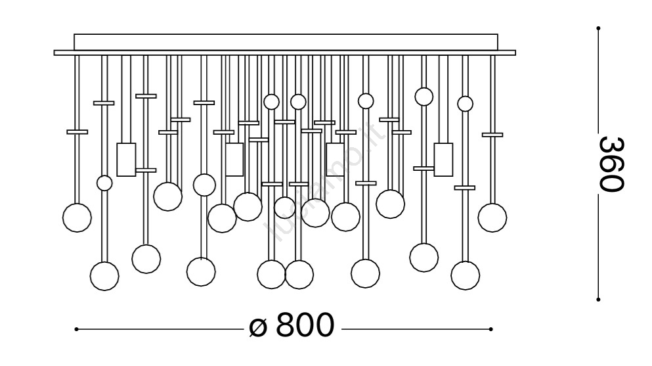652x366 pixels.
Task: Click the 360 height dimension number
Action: (x=610, y=164)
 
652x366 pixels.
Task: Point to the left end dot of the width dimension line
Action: (x=77, y=329)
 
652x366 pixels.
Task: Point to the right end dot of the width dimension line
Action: (x=491, y=329)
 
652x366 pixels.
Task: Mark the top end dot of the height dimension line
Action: (x=598, y=28)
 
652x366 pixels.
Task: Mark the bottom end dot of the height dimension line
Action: (x=598, y=299)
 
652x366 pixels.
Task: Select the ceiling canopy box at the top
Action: (x=286, y=42)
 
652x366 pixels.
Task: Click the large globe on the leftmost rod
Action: (x=77, y=217)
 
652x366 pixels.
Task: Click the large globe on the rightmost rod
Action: (x=492, y=217)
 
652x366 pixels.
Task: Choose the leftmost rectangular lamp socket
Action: (x=126, y=159)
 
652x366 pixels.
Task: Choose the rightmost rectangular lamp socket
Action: (x=443, y=159)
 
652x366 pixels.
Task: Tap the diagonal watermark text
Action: (x=322, y=184)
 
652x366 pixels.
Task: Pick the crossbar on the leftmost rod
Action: (x=77, y=131)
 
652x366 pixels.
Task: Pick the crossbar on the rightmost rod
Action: (x=492, y=135)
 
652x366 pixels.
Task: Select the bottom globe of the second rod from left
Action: (x=104, y=276)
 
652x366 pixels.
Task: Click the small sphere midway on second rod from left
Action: (x=104, y=183)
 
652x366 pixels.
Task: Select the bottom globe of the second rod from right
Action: (x=465, y=275)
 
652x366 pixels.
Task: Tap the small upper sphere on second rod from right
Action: (x=465, y=104)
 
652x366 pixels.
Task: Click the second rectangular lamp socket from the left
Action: (x=234, y=159)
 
